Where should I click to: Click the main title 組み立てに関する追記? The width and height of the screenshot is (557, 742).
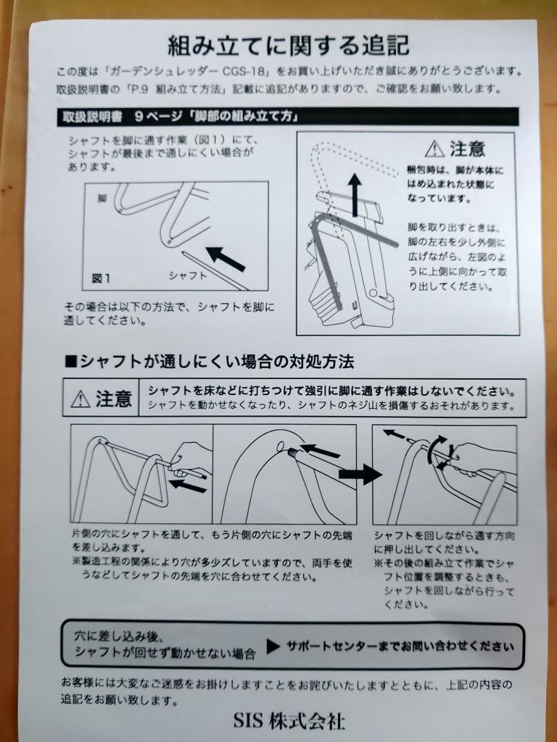(x=288, y=46)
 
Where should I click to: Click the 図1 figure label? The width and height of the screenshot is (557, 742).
(x=102, y=278)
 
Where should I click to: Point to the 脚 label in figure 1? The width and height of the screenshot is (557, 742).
(x=102, y=199)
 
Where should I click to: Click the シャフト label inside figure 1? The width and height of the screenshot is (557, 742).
(x=188, y=275)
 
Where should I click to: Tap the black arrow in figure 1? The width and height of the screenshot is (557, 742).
(x=226, y=259)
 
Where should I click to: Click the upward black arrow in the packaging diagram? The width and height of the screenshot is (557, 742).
(x=353, y=194)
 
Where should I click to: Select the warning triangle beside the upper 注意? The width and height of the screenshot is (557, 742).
(x=434, y=149)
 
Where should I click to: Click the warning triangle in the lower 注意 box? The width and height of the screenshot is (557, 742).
(x=81, y=399)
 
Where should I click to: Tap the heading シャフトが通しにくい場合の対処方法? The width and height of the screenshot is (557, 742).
(x=210, y=362)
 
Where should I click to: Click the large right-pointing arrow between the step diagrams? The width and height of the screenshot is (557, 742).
(x=360, y=474)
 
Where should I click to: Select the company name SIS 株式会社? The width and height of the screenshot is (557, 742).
(x=289, y=721)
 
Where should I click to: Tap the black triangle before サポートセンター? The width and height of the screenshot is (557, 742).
(x=273, y=646)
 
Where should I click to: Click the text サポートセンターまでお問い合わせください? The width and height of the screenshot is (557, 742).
(x=400, y=646)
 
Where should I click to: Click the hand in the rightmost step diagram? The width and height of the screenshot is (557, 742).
(x=479, y=462)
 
